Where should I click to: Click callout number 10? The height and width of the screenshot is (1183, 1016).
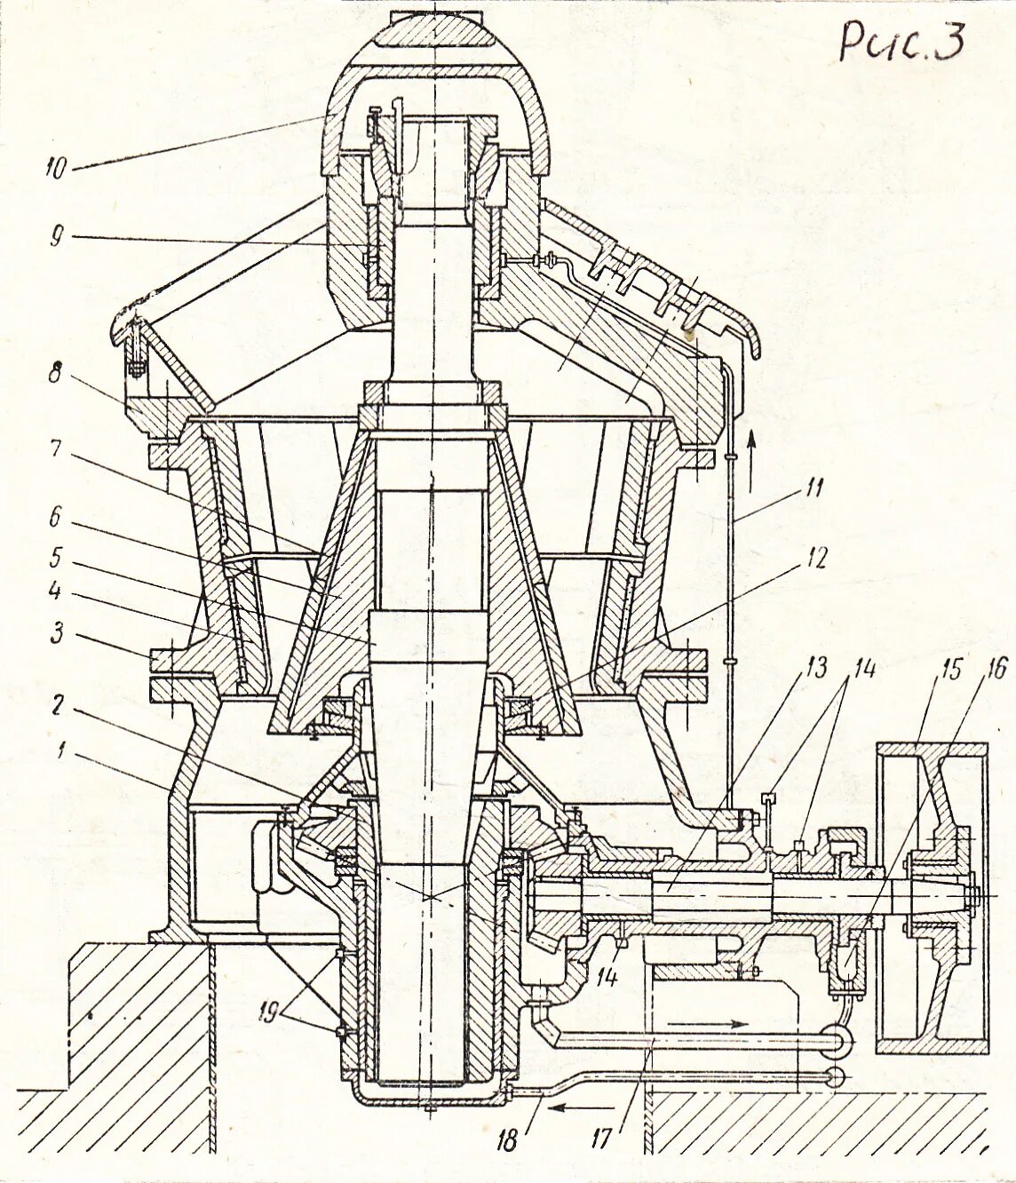click(x=55, y=168)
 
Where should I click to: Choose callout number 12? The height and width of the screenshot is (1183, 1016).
click(x=816, y=558)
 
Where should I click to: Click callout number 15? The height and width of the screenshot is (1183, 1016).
click(x=951, y=668)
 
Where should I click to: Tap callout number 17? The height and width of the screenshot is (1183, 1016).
click(x=601, y=1138)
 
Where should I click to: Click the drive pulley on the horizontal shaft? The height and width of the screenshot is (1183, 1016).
click(x=931, y=897)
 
